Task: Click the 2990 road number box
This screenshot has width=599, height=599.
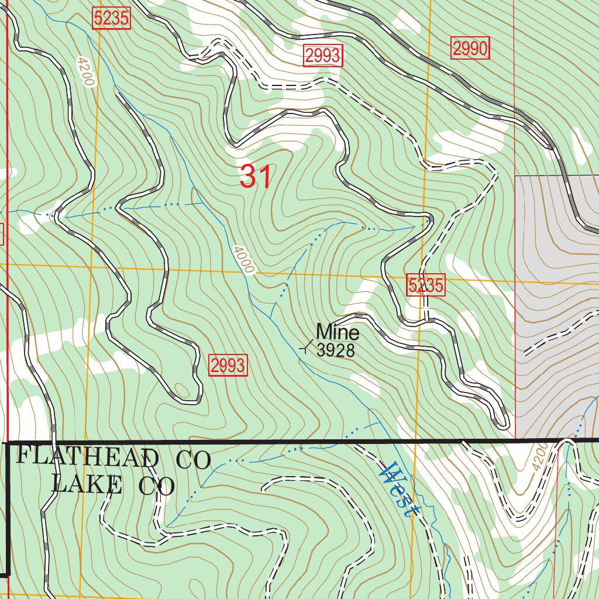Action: click(x=470, y=49)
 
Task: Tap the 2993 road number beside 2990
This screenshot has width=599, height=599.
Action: click(x=322, y=56)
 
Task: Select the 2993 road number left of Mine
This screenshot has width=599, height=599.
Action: click(x=228, y=366)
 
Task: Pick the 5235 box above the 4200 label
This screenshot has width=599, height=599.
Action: click(x=111, y=19)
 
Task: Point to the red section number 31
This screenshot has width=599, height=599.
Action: click(x=256, y=177)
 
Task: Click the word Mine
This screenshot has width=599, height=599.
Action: click(x=338, y=332)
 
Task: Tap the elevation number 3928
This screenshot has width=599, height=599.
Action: click(x=336, y=350)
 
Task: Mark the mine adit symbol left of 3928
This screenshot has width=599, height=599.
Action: click(x=305, y=348)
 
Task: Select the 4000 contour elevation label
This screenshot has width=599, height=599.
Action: click(x=243, y=260)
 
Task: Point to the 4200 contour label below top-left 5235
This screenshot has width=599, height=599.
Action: click(x=84, y=71)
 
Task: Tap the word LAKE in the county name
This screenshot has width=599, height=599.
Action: click(x=87, y=484)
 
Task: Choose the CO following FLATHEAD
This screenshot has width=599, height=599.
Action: click(x=193, y=460)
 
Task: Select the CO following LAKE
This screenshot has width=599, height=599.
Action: click(x=157, y=486)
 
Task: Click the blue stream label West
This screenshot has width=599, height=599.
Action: click(x=400, y=488)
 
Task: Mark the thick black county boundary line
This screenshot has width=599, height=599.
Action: click(x=292, y=441)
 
